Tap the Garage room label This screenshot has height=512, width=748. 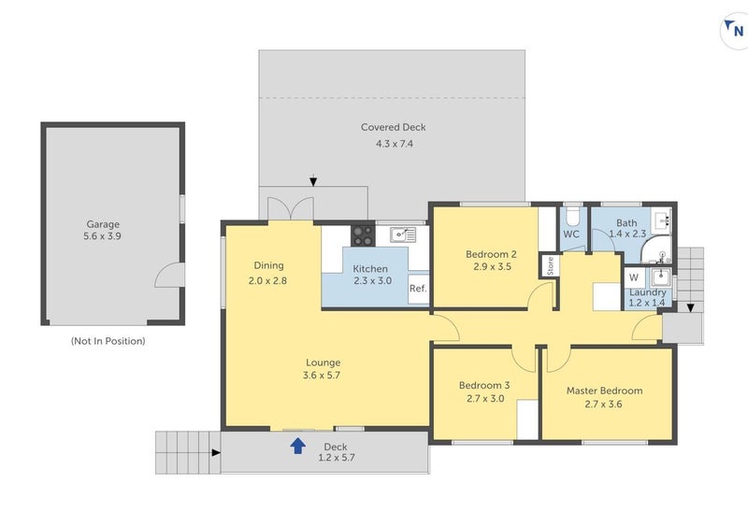(x=103, y=224)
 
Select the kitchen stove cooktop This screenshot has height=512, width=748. (x=363, y=235)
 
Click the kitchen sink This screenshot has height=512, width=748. (x=403, y=235)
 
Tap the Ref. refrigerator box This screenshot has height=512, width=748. (x=418, y=289)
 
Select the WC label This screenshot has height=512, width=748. (x=572, y=235)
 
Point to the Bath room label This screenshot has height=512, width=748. (x=626, y=222)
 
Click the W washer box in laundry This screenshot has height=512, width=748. (x=634, y=277)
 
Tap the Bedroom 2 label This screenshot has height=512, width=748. (x=491, y=253)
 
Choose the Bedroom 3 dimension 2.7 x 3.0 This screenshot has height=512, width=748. (x=483, y=399)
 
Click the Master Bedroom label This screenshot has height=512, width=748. (x=604, y=390)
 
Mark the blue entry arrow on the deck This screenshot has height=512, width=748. (x=297, y=446)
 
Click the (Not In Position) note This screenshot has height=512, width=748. (x=108, y=341)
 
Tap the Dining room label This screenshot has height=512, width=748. (x=268, y=265)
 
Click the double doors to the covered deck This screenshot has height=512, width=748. (x=290, y=207)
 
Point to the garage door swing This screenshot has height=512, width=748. (x=168, y=276)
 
